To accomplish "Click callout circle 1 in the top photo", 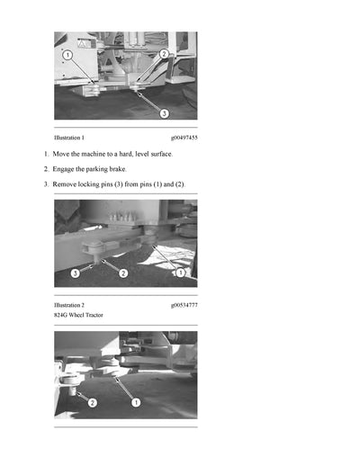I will click(x=67, y=55).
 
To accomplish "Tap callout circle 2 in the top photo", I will click(x=164, y=54).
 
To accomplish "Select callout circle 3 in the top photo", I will click(x=164, y=113).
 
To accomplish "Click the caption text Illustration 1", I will click(x=69, y=138).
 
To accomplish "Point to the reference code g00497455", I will click(x=184, y=138).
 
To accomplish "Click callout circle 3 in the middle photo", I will click(x=76, y=272).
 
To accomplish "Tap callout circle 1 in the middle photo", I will click(x=180, y=272).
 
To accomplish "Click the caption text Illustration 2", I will click(x=69, y=305).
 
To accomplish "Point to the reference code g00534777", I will click(x=184, y=305).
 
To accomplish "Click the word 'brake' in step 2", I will click(x=119, y=169).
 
